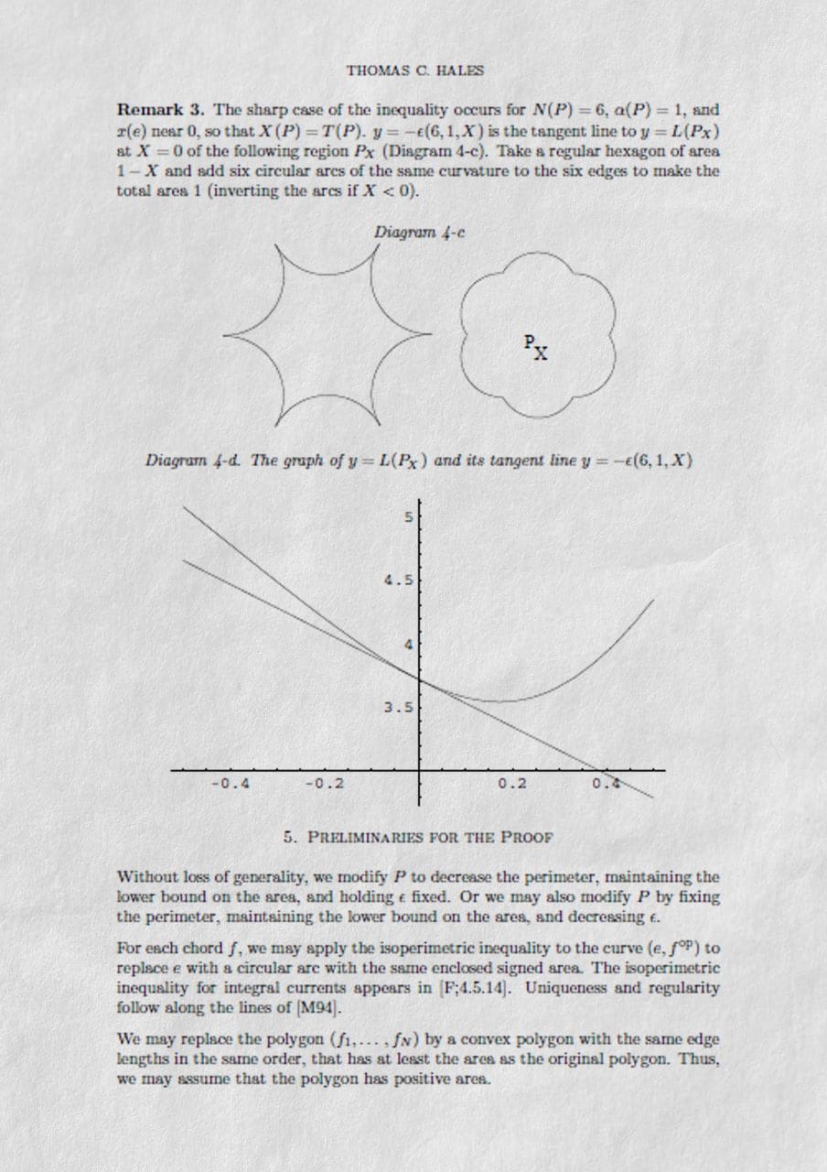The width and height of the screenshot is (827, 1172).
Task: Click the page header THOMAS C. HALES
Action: tap(415, 71)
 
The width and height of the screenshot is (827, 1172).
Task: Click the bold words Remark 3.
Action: tap(162, 110)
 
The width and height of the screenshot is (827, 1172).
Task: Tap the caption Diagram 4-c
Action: tap(420, 233)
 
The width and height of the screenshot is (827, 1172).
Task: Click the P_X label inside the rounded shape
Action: tap(537, 346)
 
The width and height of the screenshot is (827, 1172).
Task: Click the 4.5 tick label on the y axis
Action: tap(399, 581)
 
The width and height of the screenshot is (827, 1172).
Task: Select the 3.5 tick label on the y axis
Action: tap(399, 708)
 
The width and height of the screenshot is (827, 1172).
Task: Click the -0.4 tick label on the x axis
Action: tap(231, 784)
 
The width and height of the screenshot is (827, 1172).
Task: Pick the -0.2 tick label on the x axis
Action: tap(324, 784)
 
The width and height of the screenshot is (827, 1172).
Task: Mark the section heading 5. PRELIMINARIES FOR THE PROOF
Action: tap(418, 836)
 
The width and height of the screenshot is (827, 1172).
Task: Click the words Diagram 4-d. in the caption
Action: tap(192, 461)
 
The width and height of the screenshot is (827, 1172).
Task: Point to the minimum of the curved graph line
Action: tap(499, 701)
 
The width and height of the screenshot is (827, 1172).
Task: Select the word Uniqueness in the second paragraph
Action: tap(564, 989)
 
